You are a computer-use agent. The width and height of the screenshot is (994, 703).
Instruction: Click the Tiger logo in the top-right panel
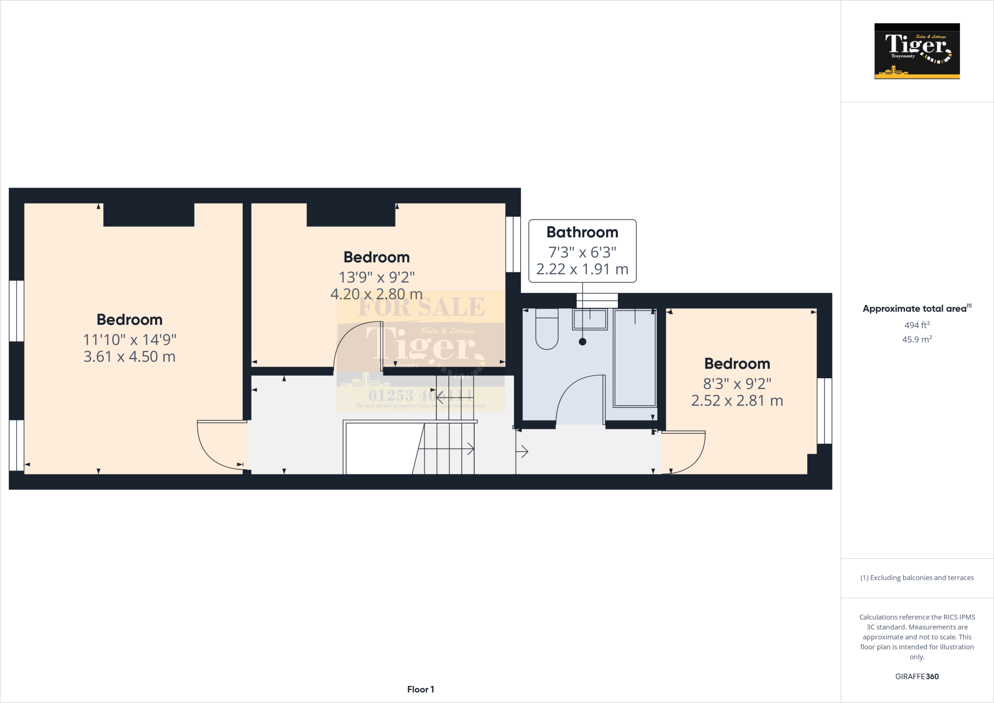917,51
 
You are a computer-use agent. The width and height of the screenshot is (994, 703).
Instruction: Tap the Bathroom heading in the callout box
582,233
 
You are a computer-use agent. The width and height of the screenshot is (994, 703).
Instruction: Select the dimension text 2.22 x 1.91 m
582,269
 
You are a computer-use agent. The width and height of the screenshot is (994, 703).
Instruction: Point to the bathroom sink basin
590,320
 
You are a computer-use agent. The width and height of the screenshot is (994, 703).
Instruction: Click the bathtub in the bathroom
635,358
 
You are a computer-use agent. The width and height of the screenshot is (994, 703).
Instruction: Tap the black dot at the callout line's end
582,342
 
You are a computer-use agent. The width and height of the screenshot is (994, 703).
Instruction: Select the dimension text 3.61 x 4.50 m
129,357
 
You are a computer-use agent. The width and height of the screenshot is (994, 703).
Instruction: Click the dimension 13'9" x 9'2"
377,277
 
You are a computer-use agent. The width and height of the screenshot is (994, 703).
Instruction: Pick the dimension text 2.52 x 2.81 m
737,401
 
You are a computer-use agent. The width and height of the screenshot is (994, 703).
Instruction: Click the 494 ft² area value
917,325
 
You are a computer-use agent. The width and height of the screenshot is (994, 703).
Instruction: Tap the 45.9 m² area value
917,339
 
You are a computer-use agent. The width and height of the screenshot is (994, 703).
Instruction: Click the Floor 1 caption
420,689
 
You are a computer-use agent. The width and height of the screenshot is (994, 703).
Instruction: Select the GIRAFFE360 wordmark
917,676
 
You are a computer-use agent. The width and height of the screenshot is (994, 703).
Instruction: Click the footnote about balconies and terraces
917,578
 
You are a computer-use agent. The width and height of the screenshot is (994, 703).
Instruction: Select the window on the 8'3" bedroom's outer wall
824,411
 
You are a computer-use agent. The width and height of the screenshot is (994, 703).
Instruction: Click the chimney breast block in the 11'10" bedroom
149,215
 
